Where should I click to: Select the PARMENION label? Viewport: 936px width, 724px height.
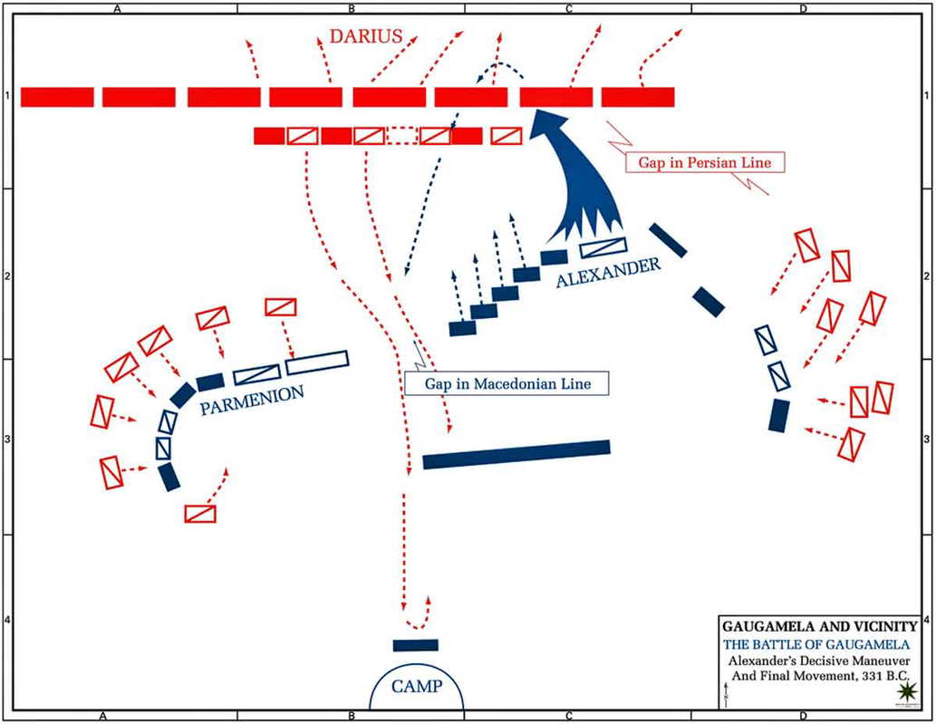(x=250, y=401)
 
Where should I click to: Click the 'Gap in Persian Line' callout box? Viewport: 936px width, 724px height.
(x=705, y=162)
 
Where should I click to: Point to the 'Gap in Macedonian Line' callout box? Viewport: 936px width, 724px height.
(x=507, y=383)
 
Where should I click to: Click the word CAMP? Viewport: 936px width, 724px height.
(x=418, y=686)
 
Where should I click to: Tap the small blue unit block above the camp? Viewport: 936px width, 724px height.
(x=415, y=645)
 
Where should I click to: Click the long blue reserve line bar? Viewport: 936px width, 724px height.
(x=516, y=454)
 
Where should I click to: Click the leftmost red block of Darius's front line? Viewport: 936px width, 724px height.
(x=57, y=97)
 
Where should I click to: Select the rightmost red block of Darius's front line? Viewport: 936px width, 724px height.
(x=638, y=97)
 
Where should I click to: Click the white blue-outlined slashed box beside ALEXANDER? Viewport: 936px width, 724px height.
(x=603, y=247)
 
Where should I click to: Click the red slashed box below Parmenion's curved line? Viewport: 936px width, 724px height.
(x=200, y=514)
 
